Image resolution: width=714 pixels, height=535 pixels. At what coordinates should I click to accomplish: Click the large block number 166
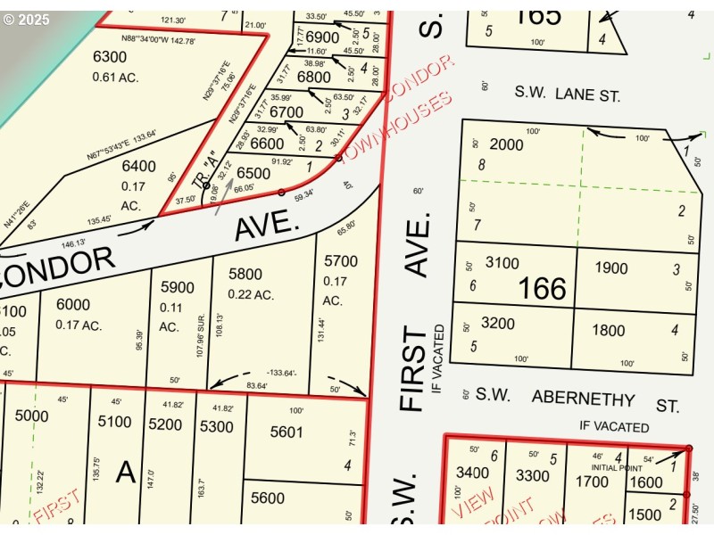click(x=543, y=288)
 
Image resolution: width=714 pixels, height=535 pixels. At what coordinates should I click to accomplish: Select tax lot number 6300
click(x=110, y=57)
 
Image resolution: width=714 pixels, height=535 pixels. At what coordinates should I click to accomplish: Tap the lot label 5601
click(x=286, y=432)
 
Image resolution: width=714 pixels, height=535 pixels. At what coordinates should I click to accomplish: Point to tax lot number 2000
click(x=506, y=144)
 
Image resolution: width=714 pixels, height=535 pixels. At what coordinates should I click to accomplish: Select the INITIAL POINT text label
click(x=617, y=466)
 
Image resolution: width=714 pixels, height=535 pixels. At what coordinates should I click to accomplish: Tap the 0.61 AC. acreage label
click(x=115, y=77)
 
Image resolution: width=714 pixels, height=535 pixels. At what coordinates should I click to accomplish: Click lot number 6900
click(x=322, y=37)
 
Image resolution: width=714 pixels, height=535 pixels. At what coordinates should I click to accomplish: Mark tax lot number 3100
click(x=502, y=263)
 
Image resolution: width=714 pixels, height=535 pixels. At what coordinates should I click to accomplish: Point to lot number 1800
click(x=609, y=331)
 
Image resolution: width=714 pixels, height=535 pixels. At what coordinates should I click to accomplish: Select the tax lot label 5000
click(x=31, y=416)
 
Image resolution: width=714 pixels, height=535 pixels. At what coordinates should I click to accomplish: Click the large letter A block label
click(x=125, y=472)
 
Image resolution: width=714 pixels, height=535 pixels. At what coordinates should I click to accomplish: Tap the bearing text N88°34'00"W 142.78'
click(x=157, y=40)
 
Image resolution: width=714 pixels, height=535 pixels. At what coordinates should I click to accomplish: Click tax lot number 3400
click(x=472, y=473)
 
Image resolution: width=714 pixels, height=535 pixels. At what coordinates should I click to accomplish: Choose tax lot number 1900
click(x=611, y=268)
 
